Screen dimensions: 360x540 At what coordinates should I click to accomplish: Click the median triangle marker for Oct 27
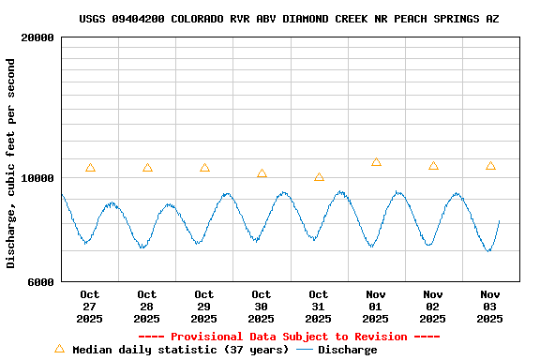[x=90, y=168]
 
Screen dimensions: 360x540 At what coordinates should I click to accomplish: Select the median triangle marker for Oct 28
[x=147, y=168]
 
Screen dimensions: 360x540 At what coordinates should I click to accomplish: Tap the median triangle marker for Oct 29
[x=204, y=168]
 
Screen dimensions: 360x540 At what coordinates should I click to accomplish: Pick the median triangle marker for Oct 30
[x=262, y=173]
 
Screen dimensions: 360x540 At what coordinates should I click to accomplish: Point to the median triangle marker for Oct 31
[x=319, y=176]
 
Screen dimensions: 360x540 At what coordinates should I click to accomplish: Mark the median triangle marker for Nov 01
[x=376, y=162]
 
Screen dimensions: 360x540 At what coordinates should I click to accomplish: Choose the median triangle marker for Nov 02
[x=433, y=166]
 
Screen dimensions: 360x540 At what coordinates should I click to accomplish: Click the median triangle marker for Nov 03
[x=490, y=166]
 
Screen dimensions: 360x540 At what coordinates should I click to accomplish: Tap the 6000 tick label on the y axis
[x=40, y=281]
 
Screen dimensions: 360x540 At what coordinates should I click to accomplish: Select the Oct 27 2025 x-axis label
[x=90, y=307]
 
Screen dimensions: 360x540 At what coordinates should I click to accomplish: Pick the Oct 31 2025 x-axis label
[x=319, y=307]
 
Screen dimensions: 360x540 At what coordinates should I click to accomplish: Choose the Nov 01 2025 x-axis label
[x=376, y=307]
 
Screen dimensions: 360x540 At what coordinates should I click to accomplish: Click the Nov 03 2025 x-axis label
[x=490, y=307]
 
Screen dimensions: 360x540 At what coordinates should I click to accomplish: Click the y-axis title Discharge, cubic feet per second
[x=11, y=163]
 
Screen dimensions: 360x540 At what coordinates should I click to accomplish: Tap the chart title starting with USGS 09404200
[x=289, y=19]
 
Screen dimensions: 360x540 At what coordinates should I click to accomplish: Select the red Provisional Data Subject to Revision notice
[x=289, y=337]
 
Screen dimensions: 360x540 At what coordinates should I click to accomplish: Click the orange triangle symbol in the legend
[x=60, y=349]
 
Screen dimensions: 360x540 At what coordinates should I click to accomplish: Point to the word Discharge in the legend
[x=347, y=350]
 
